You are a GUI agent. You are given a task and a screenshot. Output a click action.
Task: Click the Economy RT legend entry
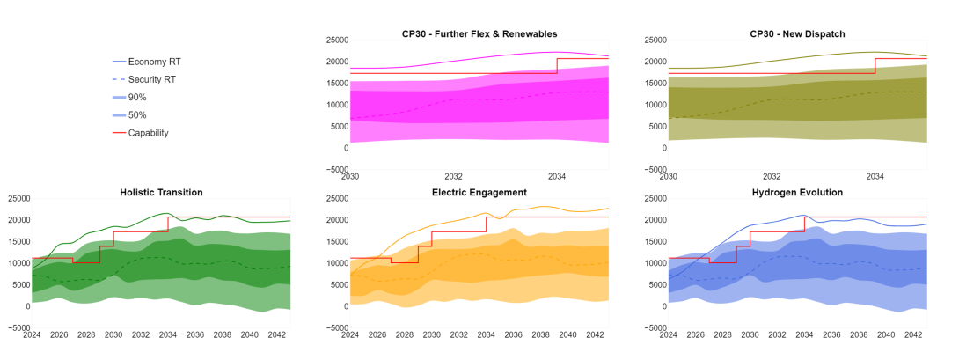154,62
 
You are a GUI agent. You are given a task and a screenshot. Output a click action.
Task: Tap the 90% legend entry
137,97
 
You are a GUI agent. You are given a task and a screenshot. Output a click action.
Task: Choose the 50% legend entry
137,115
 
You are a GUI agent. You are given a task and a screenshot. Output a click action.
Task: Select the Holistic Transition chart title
161,192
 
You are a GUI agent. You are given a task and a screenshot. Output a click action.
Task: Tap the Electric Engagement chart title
479,192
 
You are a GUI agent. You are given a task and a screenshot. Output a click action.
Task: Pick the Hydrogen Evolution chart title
798,192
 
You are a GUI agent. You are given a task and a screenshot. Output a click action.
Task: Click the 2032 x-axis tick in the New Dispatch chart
772,177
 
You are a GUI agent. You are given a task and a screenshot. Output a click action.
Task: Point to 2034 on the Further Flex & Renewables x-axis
557,177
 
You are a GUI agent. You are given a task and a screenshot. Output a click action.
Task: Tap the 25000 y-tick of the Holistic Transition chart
17,198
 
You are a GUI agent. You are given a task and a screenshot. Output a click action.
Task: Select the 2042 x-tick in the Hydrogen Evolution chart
912,335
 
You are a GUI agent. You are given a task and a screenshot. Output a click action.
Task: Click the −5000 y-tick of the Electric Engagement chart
334,327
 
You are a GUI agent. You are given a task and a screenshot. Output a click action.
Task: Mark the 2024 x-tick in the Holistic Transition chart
32,335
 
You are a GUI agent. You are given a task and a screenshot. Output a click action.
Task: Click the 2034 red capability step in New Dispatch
875,66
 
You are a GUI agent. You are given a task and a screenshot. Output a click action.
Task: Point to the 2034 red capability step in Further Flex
557,66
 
